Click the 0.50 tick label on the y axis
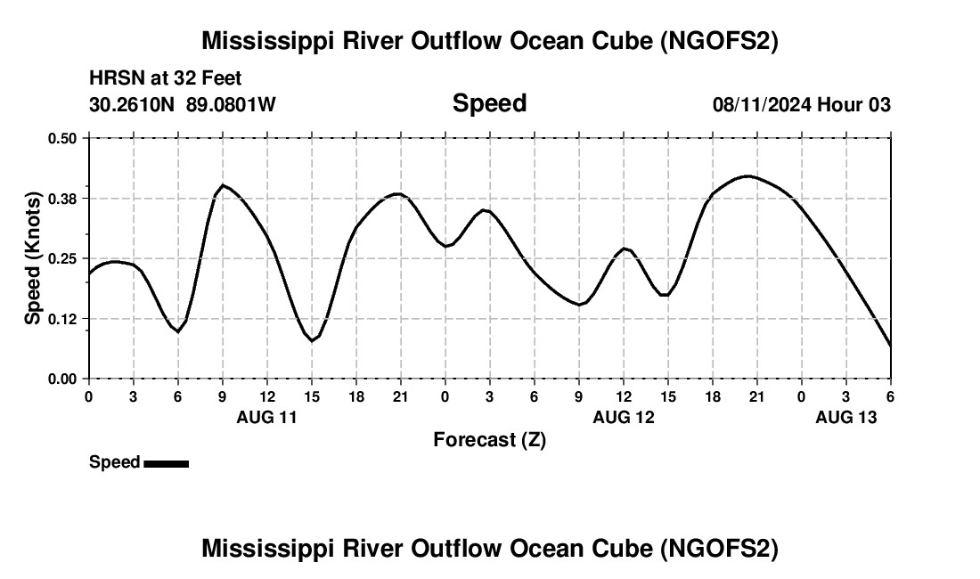61,138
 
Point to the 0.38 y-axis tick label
61,198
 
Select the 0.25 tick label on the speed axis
61,258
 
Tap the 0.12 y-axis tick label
61,319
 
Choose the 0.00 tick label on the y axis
61,379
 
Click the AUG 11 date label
266,417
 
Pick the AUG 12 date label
624,417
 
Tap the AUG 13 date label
846,417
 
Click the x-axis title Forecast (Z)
489,439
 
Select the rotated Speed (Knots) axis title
33,258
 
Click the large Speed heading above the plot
489,103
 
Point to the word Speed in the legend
114,462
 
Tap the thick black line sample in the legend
166,463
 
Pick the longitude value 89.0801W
231,105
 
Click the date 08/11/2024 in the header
761,105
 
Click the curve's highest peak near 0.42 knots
747,176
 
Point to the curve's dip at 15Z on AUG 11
312,341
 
